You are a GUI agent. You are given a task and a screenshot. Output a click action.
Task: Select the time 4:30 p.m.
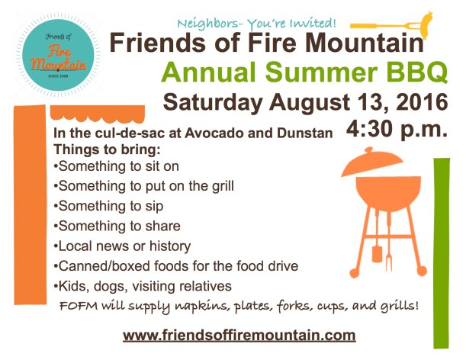pos(397,127)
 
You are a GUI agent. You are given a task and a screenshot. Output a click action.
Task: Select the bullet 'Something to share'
pos(117,226)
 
